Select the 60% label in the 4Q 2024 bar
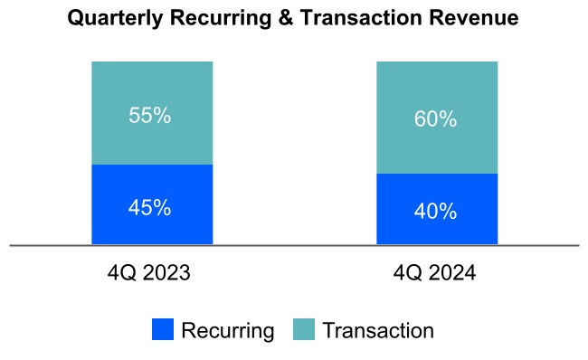436,119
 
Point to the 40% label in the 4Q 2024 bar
436,212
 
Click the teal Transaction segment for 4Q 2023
152,90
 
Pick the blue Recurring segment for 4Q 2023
152,231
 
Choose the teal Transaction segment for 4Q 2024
436,90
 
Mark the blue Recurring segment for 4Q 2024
436,232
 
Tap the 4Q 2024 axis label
436,272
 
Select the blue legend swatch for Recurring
163,330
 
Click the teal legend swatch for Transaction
305,330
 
